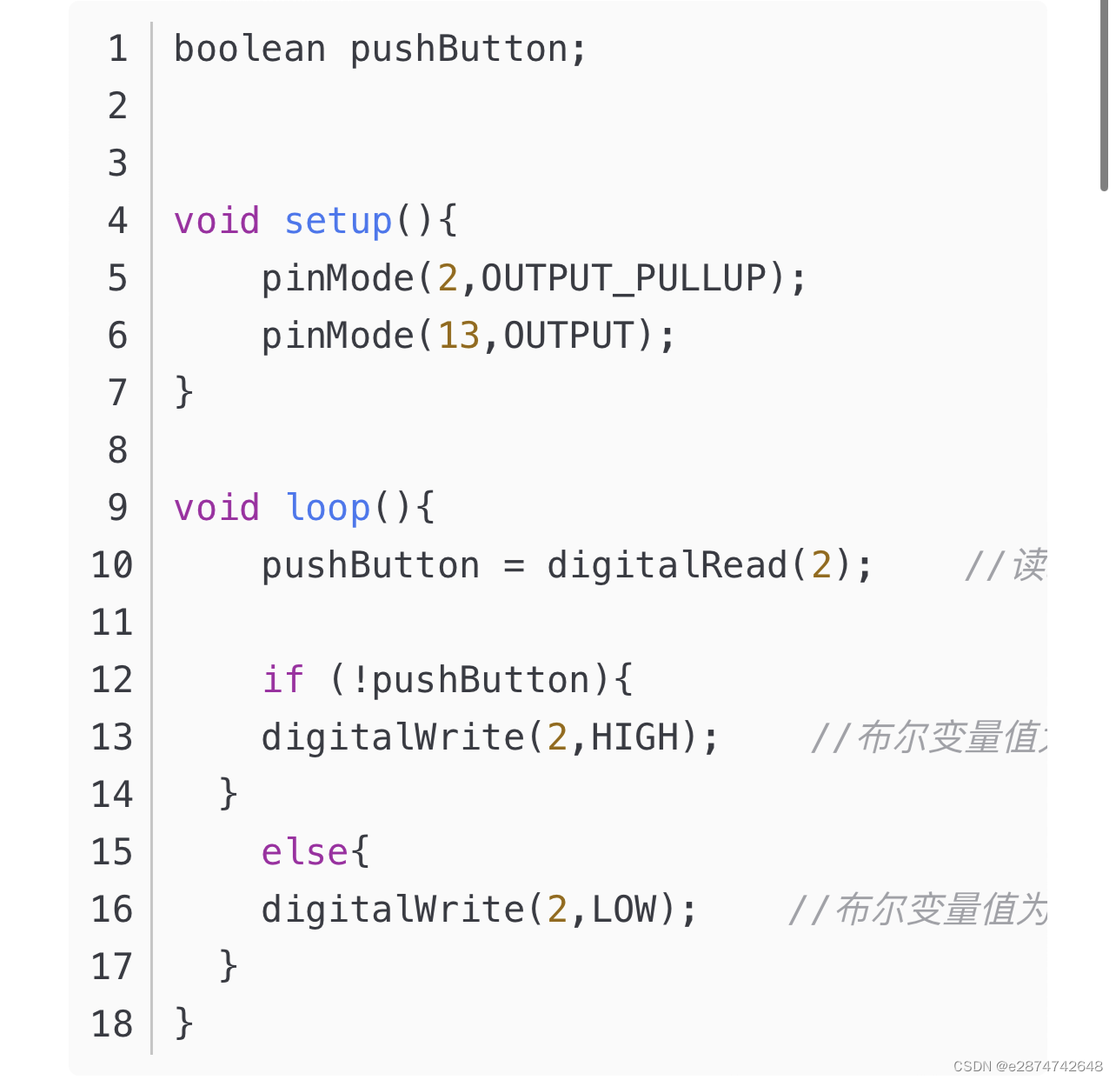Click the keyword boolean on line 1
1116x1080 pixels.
pos(249,49)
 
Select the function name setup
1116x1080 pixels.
pos(338,221)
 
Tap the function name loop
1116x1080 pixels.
pos(328,508)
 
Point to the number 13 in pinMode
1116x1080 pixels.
pos(458,336)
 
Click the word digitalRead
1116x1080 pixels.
pos(667,565)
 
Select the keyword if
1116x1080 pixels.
pos(283,679)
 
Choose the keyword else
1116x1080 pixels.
pos(305,851)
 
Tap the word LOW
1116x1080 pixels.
pos(623,910)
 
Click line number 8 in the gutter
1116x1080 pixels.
pos(117,450)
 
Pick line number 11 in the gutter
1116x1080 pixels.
pos(112,623)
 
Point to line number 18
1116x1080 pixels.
pos(112,1024)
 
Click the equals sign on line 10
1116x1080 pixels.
pos(515,566)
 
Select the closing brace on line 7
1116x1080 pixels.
pos(183,392)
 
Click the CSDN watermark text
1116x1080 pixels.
pos(1027,1066)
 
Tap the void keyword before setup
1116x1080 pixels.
pos(216,221)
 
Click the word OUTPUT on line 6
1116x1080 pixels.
pos(568,336)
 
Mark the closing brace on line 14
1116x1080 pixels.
pos(228,794)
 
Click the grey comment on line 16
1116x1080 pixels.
pos(917,910)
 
